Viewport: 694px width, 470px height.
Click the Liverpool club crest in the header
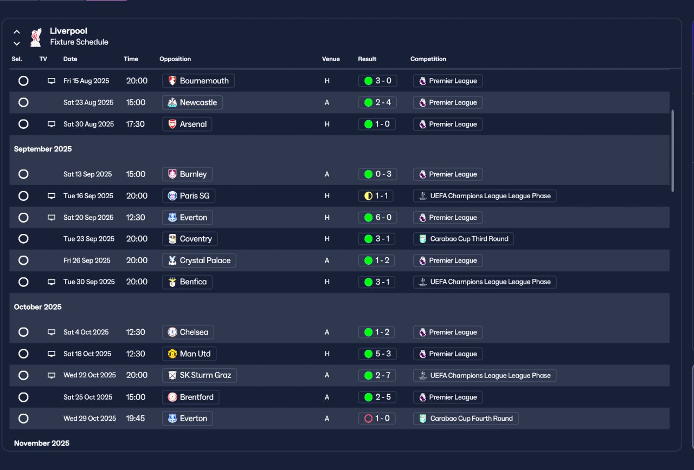tap(36, 37)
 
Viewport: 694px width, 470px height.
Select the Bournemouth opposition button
tap(198, 81)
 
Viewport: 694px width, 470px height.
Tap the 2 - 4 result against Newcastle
tap(377, 102)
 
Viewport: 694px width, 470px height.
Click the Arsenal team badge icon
tap(172, 124)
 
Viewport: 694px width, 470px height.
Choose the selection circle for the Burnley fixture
tap(23, 174)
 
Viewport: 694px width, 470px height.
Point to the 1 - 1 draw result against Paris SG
tap(376, 196)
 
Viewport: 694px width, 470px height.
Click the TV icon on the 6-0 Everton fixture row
tap(52, 218)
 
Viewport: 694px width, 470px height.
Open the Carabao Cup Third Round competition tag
tap(464, 239)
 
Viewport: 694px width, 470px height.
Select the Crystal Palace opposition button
tap(199, 260)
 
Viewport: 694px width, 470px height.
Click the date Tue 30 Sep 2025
tap(89, 282)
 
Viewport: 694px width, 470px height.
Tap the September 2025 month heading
tap(43, 149)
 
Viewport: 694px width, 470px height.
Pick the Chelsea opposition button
tap(188, 332)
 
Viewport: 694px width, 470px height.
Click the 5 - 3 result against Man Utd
tap(377, 354)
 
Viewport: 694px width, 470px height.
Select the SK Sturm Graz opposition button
tap(200, 375)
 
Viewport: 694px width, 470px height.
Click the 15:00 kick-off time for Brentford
tap(136, 397)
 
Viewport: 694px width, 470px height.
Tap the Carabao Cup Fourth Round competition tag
tap(466, 419)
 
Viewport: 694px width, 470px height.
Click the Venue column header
tap(331, 59)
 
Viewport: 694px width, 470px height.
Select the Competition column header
tap(428, 59)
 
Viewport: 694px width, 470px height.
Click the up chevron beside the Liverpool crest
tap(17, 31)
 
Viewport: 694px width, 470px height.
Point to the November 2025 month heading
tap(42, 443)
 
